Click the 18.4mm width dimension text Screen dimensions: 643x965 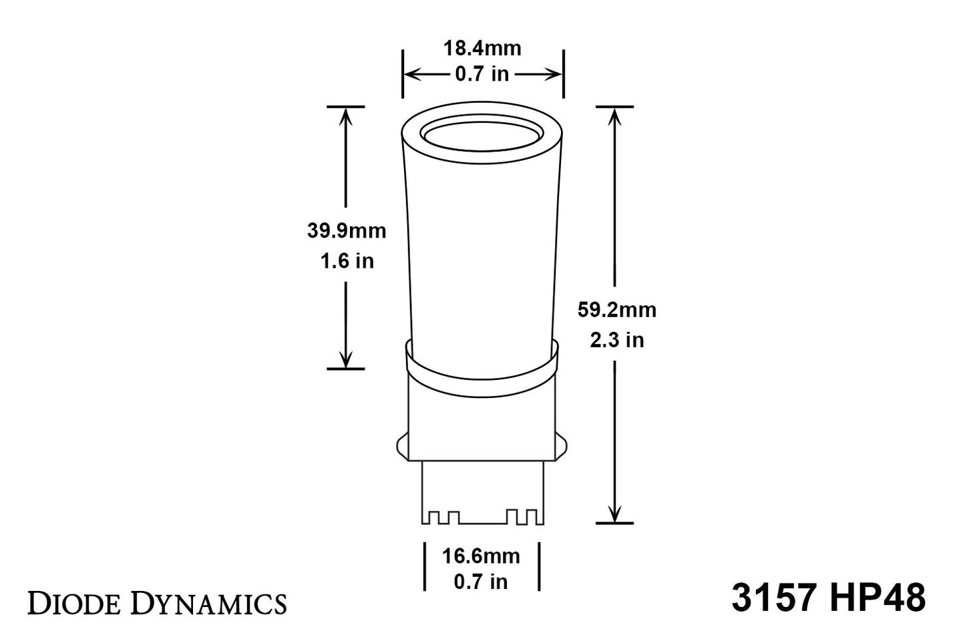pyautogui.click(x=482, y=49)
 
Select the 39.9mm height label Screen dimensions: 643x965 pyautogui.click(x=347, y=231)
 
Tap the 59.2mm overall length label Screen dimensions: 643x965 pyautogui.click(x=616, y=310)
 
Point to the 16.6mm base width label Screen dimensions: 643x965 pyautogui.click(x=481, y=556)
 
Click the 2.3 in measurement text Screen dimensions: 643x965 pyautogui.click(x=616, y=340)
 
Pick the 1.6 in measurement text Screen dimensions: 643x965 pyautogui.click(x=347, y=261)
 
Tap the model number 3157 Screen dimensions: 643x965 pyautogui.click(x=774, y=598)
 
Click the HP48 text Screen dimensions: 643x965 pyautogui.click(x=878, y=598)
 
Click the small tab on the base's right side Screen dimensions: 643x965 pyautogui.click(x=563, y=445)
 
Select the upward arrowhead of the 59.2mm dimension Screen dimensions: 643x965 pyautogui.click(x=614, y=116)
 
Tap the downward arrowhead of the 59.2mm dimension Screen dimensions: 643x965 pyautogui.click(x=614, y=513)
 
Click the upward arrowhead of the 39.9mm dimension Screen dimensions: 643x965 pyautogui.click(x=345, y=116)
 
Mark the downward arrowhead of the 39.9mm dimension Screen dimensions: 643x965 pyautogui.click(x=345, y=359)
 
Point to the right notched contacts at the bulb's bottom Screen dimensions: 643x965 pyautogui.click(x=522, y=517)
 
